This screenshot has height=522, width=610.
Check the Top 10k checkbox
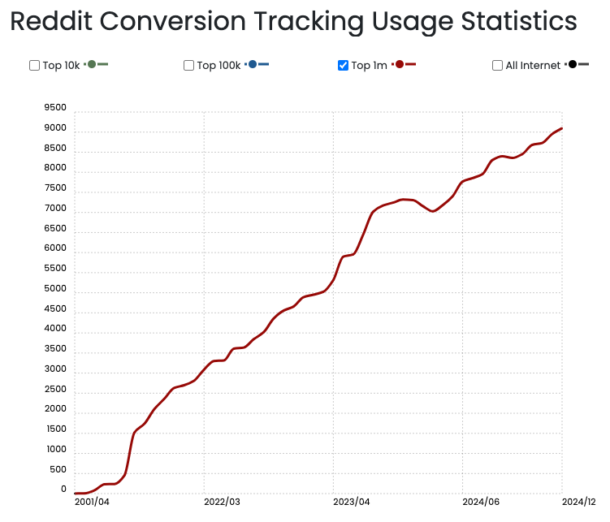(x=34, y=66)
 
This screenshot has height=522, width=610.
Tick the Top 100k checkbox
(x=188, y=66)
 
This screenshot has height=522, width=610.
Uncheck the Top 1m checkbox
(x=343, y=66)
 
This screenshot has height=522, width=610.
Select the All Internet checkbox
(x=497, y=66)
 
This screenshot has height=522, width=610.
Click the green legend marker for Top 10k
(x=92, y=64)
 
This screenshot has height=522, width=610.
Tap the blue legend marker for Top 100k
(x=253, y=64)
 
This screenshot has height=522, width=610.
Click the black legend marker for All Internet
(x=573, y=64)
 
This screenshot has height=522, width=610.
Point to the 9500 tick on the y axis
(x=55, y=107)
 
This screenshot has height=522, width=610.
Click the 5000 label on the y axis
(x=55, y=288)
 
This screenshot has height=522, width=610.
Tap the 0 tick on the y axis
(x=63, y=490)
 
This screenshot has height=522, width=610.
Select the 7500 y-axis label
(x=55, y=188)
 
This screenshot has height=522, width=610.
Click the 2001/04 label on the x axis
(x=92, y=502)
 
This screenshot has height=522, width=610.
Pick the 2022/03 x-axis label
(x=222, y=502)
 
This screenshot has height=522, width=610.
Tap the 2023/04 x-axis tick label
(x=352, y=502)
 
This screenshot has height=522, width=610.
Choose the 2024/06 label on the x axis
(x=481, y=502)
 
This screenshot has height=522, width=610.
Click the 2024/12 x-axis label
(x=579, y=502)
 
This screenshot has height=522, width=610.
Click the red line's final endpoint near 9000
(x=561, y=128)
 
